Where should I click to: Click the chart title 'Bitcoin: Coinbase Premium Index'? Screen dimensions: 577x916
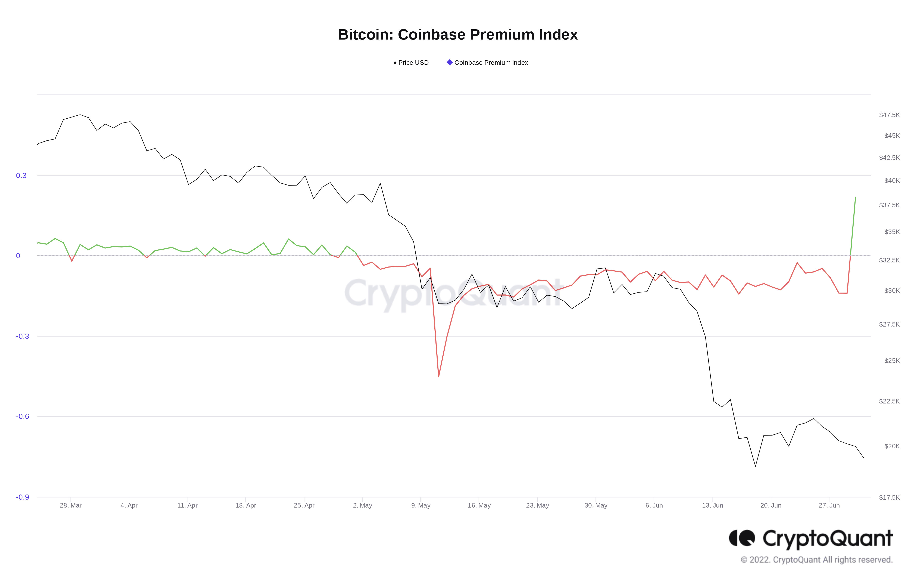pos(458,35)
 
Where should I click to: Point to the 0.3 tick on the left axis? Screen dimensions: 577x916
pos(21,175)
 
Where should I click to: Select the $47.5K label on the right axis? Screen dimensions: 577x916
pos(889,115)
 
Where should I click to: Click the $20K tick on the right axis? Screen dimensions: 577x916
pos(892,446)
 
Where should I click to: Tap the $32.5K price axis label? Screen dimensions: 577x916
pos(889,260)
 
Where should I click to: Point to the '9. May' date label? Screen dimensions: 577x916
pos(421,505)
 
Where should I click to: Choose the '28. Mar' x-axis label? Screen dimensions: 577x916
pos(71,505)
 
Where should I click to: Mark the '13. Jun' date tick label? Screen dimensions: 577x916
pos(713,505)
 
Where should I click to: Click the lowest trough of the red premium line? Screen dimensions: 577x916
pos(439,377)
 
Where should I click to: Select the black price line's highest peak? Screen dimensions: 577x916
pos(80,115)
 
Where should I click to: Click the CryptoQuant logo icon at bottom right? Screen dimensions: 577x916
pos(741,538)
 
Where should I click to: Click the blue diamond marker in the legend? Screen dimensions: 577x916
pos(450,62)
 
